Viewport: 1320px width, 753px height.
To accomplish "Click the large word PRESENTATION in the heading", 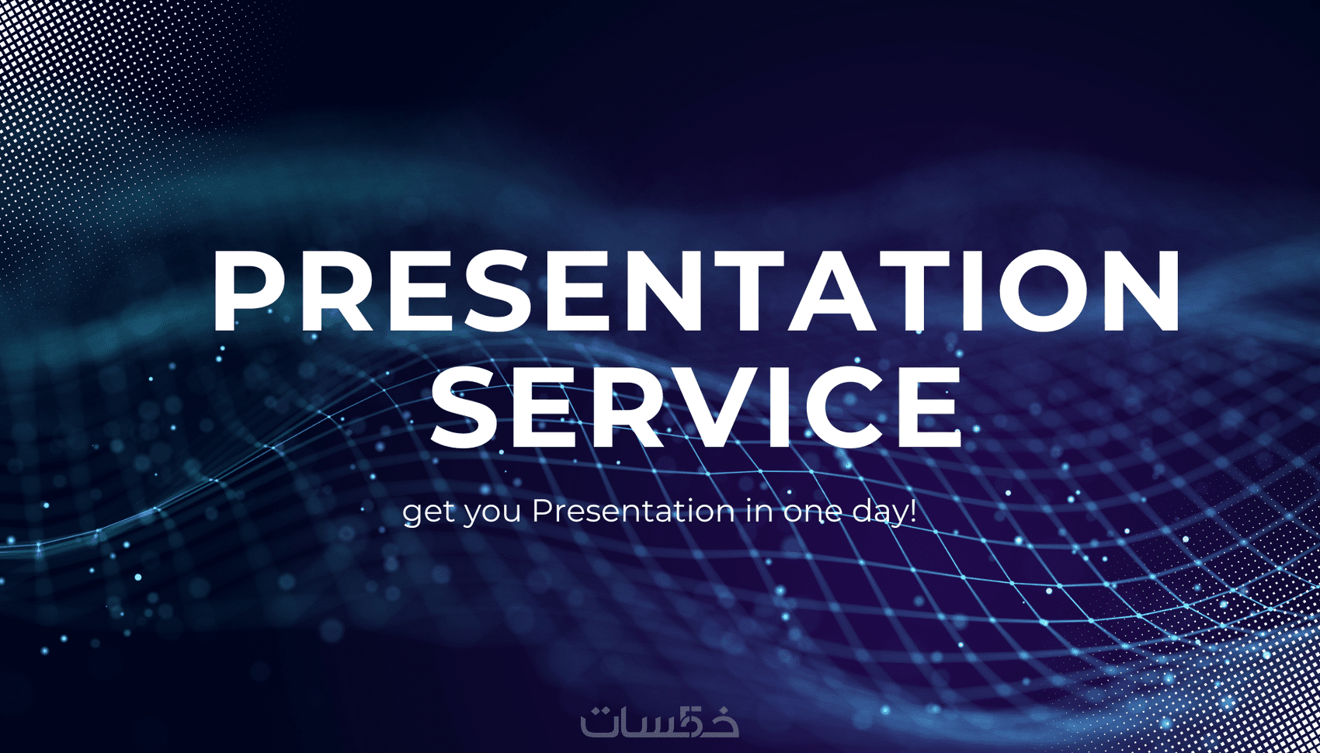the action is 696,290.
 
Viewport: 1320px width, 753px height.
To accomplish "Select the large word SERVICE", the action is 696,406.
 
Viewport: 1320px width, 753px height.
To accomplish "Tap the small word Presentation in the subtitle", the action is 634,511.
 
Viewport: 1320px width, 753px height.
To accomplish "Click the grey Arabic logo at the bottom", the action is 659,720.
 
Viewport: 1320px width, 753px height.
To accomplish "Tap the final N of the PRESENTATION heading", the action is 1145,290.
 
